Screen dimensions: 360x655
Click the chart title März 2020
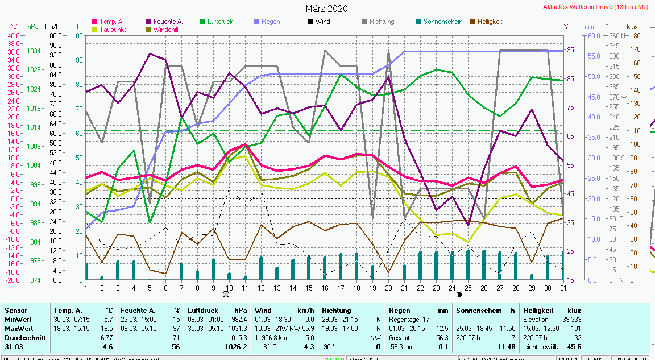pos(326,9)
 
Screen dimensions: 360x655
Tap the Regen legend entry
pos(271,22)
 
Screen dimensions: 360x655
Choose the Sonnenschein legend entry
pos(443,22)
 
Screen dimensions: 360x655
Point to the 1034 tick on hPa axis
pos(33,51)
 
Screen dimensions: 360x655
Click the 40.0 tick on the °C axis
pos(14,35)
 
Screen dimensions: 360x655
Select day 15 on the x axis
pos(309,288)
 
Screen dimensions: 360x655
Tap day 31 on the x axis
pos(563,288)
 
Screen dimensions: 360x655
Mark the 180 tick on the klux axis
pos(635,35)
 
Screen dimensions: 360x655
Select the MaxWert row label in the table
pos(19,329)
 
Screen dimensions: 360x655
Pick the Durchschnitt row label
pos(23,337)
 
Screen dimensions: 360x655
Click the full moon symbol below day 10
pos(226,294)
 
